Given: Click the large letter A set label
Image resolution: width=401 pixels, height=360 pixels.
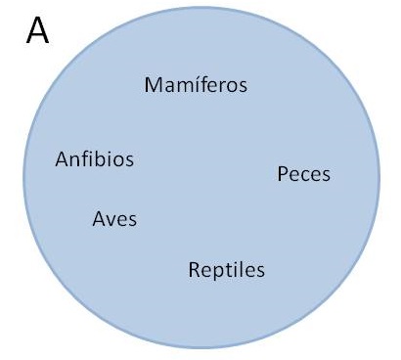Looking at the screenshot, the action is point(37,30).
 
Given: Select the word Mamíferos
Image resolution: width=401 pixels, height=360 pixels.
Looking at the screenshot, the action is point(196,85).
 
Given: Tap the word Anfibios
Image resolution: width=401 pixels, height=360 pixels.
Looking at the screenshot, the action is point(95,159).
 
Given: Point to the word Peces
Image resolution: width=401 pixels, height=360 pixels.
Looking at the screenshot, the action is point(303,174).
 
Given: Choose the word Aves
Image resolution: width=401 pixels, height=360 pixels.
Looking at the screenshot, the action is point(114,219).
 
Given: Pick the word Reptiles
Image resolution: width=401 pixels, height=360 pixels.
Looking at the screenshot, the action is point(227,270).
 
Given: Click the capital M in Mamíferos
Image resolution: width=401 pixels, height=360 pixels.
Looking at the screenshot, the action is point(153,85).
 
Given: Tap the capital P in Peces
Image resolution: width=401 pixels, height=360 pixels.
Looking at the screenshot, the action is point(283,174).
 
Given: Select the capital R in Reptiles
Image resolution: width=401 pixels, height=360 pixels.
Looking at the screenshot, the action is point(194,270).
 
